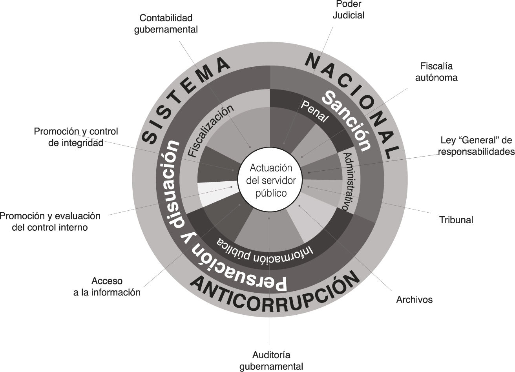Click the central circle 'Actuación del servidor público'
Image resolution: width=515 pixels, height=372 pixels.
click(270, 181)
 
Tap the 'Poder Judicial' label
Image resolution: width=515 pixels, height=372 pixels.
click(348, 10)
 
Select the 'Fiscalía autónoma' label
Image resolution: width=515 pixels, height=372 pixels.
click(436, 71)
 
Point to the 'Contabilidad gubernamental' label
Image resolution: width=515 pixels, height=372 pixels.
click(166, 24)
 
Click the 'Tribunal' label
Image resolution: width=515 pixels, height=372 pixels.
click(456, 220)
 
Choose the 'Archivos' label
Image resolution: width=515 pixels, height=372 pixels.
click(414, 300)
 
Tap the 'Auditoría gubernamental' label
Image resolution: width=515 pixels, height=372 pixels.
click(271, 361)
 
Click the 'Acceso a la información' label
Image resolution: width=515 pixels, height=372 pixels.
click(107, 286)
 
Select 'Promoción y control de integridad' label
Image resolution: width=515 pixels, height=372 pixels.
click(76, 137)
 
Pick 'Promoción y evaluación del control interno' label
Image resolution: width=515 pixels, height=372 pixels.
click(50, 221)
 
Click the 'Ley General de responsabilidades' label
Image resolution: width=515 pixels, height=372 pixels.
click(476, 146)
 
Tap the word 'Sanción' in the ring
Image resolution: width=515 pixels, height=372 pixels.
click(347, 120)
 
